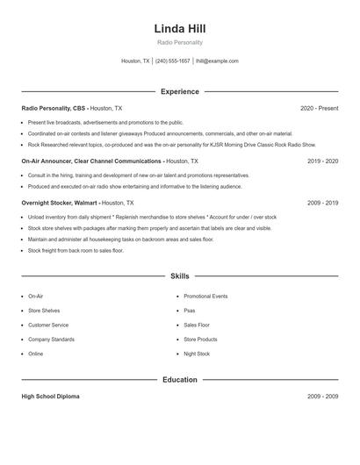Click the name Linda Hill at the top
179,29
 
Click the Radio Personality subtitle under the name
179,43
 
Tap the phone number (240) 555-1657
173,61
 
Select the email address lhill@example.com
217,61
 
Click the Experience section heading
179,91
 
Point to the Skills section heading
179,275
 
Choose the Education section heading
179,379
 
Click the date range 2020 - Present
319,108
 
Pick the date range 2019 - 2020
322,161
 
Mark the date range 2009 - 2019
322,202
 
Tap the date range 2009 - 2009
322,396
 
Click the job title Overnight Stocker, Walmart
60,202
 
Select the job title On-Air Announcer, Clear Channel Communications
92,161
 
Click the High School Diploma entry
50,396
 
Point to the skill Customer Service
48,325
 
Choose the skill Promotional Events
205,297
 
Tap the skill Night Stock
197,354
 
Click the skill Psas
190,311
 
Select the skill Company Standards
51,339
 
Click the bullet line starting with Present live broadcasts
105,123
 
